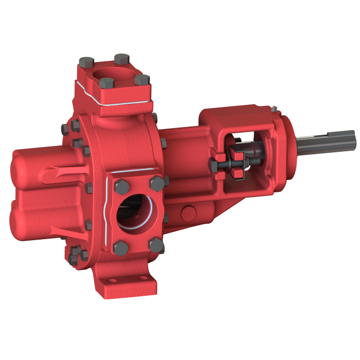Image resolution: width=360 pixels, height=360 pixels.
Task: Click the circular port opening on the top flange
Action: [x=114, y=75]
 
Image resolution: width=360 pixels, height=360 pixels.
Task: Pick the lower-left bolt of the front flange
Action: [x=119, y=246]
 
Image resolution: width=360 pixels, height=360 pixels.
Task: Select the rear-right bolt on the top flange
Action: [x=121, y=58]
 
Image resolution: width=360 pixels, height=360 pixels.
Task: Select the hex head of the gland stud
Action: [x=213, y=165]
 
